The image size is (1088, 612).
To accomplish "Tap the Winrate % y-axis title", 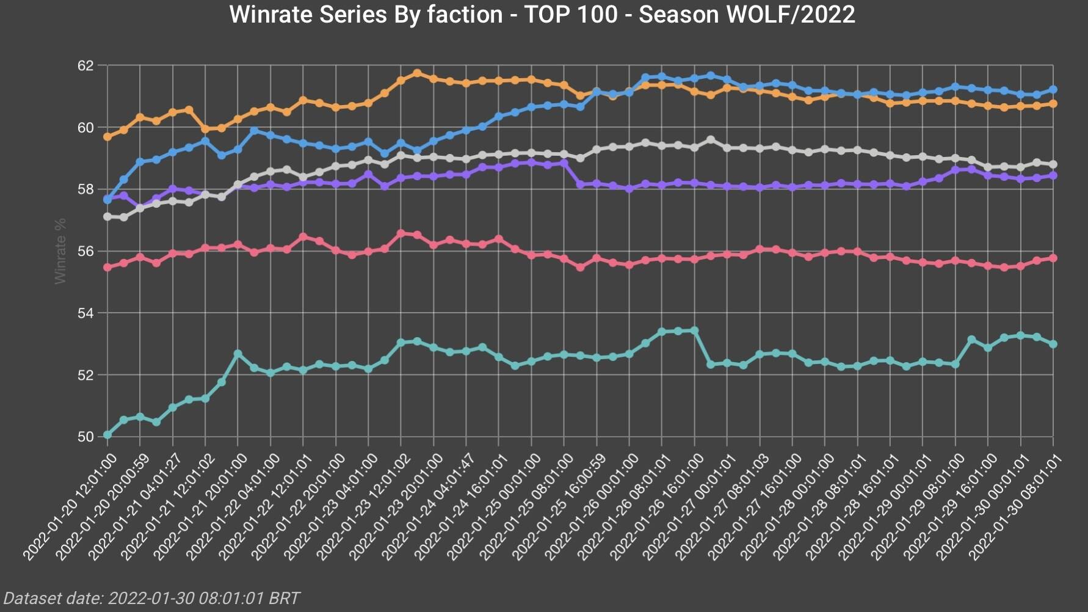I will (60, 250).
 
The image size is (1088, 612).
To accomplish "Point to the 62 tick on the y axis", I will (85, 65).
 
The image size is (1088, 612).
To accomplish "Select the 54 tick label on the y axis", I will (85, 313).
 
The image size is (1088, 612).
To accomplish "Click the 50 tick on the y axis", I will (85, 437).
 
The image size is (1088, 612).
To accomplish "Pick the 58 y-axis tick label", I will (85, 189).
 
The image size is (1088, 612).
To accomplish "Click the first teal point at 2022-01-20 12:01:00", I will (107, 435).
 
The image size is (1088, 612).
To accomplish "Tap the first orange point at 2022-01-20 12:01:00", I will (107, 137).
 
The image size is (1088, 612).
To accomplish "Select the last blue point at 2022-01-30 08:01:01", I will (1053, 90).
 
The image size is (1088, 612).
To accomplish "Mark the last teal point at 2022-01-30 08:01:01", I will (1053, 344).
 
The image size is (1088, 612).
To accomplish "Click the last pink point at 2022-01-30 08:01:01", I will (1053, 258).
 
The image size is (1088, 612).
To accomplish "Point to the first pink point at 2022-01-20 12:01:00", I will (107, 267).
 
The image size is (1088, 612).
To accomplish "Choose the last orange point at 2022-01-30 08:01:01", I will (1053, 104).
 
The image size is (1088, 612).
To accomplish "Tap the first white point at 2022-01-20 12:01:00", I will (107, 217).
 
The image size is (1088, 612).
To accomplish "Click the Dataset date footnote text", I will (151, 598).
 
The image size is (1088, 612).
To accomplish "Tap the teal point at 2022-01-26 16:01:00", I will (694, 330).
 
